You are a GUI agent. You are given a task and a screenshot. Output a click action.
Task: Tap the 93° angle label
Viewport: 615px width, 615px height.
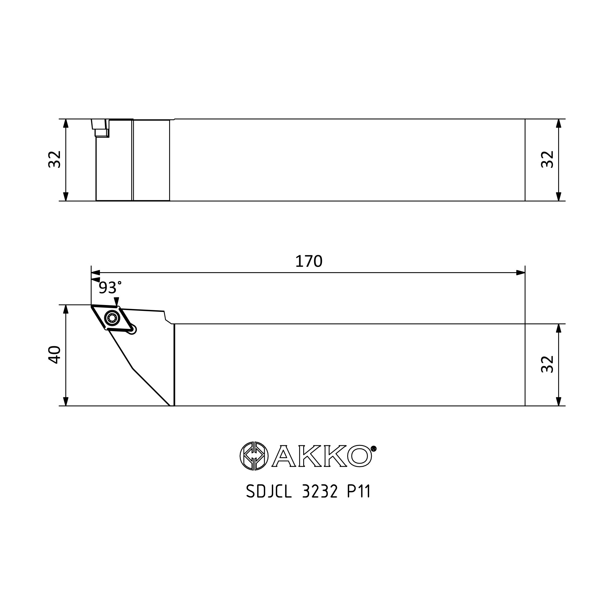pos(110,288)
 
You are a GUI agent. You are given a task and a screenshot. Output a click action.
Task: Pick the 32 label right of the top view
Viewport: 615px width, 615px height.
pos(548,159)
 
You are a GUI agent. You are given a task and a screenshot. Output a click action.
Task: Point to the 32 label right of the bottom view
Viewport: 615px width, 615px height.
pos(548,364)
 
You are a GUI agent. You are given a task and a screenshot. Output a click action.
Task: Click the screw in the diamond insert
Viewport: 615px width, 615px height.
pos(112,317)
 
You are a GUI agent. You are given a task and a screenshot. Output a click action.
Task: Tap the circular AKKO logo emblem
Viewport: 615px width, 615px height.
pos(254,456)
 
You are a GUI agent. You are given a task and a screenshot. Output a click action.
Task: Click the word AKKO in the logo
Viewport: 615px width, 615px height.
pos(322,456)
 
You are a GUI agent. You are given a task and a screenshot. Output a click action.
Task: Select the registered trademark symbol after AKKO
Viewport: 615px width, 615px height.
pos(374,449)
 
